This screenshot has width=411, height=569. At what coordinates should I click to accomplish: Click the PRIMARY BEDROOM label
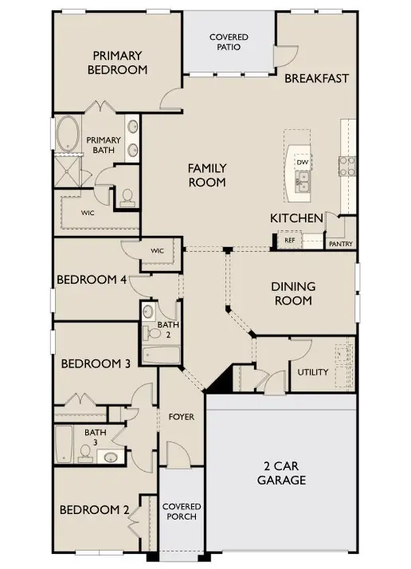119,62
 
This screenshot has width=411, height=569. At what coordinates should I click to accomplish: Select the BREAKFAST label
317,78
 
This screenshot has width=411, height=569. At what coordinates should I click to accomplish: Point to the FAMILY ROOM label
207,175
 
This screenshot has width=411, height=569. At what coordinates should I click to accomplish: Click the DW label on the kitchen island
303,163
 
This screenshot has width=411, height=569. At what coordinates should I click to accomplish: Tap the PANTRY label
341,245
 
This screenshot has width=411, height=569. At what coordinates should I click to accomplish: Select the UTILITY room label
313,372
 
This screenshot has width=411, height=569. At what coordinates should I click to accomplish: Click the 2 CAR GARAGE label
281,473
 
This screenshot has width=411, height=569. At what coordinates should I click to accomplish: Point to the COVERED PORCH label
182,512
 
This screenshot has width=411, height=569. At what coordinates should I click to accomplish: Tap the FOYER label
182,417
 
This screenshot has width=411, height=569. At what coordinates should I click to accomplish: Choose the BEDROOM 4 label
91,279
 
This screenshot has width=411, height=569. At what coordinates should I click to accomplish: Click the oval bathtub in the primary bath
68,135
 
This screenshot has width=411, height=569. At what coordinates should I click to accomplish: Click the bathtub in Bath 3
64,444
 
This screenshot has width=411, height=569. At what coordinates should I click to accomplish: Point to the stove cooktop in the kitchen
348,165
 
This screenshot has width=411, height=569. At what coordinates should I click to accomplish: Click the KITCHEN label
296,218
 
